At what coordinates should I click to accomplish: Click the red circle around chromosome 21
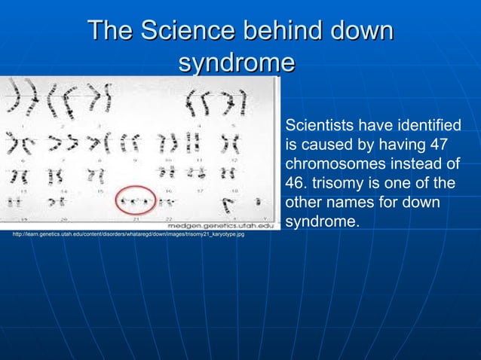tap(136, 201)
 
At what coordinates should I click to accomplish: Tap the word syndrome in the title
tap(236, 63)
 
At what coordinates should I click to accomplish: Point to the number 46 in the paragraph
tap(295, 183)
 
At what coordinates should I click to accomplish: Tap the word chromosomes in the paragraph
tap(331, 163)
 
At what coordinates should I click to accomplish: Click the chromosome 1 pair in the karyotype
tap(16, 97)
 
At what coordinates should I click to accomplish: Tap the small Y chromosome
tap(259, 202)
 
